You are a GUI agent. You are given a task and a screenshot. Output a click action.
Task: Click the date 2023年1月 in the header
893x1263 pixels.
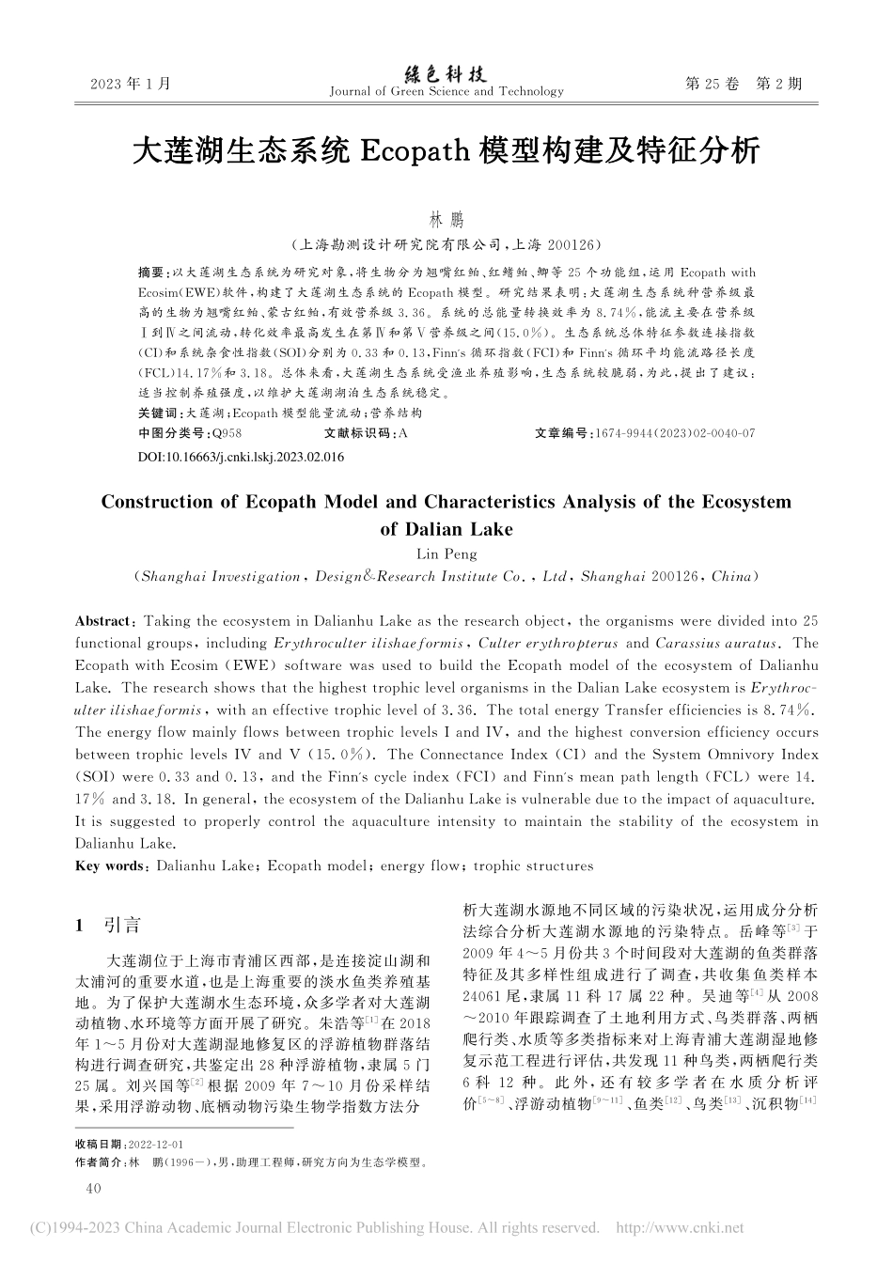tap(131, 84)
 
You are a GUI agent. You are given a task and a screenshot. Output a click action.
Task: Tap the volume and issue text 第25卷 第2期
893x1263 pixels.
tap(743, 84)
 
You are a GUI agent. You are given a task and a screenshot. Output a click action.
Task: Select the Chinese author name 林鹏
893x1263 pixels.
tap(446, 219)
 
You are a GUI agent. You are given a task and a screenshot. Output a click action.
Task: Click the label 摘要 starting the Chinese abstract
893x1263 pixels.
tap(150, 272)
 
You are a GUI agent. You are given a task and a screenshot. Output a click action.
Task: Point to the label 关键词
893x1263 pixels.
tap(159, 413)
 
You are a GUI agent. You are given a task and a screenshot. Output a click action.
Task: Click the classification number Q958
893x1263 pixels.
tap(228, 433)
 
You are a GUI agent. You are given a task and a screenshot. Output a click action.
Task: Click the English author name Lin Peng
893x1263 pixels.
tap(446, 553)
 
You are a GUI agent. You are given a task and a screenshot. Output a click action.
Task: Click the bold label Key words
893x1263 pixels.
tap(109, 865)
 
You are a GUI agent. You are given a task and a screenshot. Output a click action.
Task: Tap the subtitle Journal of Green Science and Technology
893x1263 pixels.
tap(446, 92)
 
